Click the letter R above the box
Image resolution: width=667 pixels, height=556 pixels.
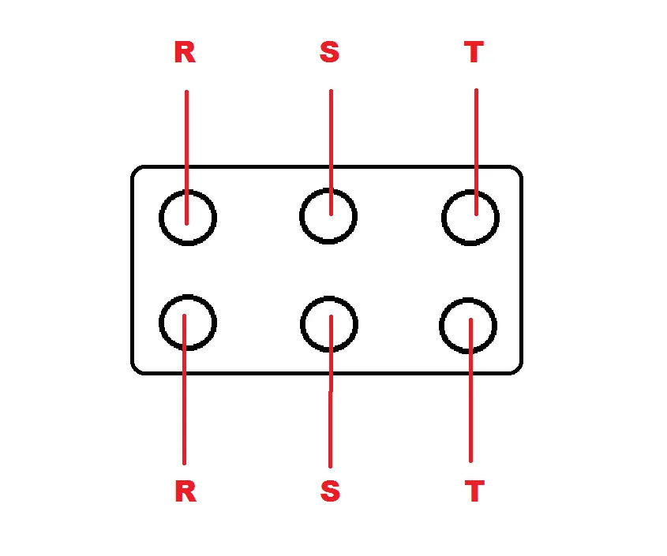pos(185,52)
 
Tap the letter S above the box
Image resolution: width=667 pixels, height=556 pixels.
pos(330,52)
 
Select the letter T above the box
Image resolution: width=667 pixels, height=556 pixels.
pos(474,52)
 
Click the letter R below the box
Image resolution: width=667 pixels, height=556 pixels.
pos(186,491)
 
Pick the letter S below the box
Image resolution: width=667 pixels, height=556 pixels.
pos(331,491)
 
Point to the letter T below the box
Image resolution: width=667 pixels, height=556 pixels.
pos(474,491)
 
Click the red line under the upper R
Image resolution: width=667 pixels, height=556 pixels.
pos(187,157)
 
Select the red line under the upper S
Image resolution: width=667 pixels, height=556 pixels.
pos(332,152)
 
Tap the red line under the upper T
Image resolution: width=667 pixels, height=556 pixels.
pos(477,152)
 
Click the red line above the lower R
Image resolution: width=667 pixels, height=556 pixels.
pos(184,390)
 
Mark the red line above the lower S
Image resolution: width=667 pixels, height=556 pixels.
pos(331,391)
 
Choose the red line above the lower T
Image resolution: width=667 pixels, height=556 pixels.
pos(471,390)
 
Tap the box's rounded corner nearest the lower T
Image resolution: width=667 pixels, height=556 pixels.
pos(518,370)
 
